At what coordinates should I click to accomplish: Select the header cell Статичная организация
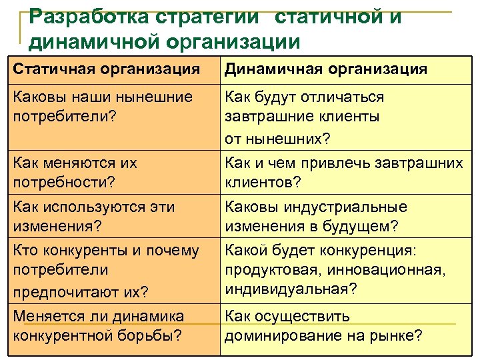(107, 69)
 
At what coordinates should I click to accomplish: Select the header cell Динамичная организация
(326, 69)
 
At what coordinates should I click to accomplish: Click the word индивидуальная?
(291, 289)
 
